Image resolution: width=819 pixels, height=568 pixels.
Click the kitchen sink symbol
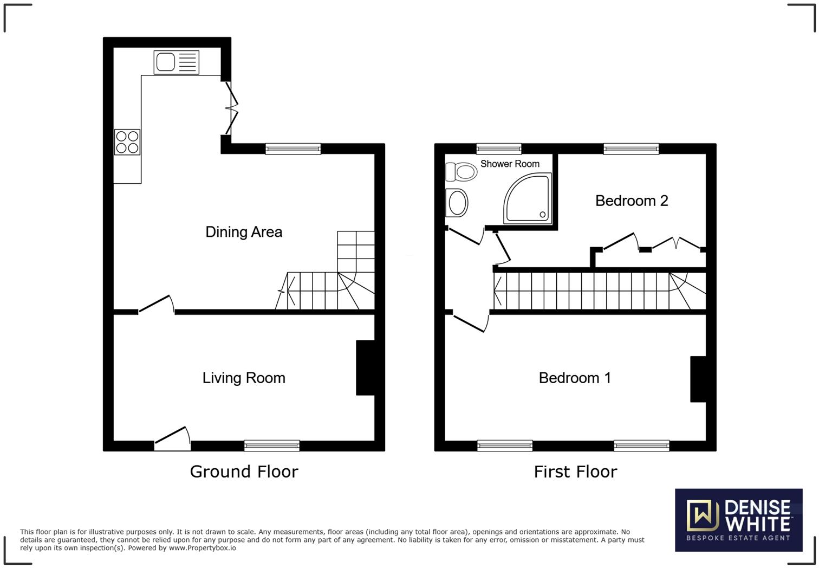[177, 62]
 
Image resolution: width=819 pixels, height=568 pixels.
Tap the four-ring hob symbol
[127, 142]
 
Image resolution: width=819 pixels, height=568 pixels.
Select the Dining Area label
[244, 232]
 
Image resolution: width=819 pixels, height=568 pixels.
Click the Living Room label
[244, 378]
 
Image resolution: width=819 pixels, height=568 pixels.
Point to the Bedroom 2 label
[631, 201]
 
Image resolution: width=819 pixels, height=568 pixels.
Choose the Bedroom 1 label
[575, 378]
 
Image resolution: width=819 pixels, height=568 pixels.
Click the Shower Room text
[510, 164]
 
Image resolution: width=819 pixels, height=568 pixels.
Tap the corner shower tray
[528, 199]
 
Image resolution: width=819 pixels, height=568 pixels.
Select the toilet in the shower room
[461, 172]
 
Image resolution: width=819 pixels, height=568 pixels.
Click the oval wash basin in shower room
[457, 203]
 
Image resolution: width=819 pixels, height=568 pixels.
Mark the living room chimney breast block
[365, 367]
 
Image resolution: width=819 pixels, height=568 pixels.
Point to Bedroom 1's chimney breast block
[698, 379]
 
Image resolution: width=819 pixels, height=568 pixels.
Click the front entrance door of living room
[173, 438]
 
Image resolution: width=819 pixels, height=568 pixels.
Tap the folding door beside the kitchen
[231, 108]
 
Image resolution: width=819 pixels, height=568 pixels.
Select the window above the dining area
[293, 149]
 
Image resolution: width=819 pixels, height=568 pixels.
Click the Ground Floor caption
[244, 472]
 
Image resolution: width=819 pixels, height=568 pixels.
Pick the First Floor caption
[575, 472]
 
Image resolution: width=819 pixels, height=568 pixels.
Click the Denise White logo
[738, 520]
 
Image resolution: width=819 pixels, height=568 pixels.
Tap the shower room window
[499, 149]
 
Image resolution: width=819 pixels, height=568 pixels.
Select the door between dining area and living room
[156, 305]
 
